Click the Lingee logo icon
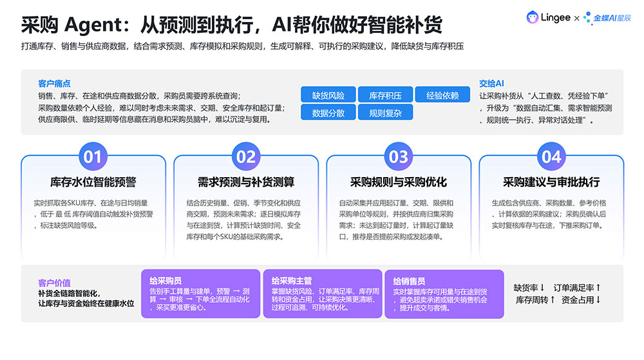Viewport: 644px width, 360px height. point(533,17)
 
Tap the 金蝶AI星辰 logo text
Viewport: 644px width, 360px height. point(612,18)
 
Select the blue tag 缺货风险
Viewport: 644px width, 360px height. point(328,95)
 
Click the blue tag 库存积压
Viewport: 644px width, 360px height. point(385,95)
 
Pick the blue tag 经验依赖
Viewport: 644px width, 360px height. point(442,95)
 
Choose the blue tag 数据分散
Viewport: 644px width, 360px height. point(328,113)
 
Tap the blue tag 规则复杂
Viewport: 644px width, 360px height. point(385,113)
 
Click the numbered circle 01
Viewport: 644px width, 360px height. point(93,156)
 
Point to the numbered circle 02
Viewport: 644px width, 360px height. point(245,156)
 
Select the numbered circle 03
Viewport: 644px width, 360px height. point(399,156)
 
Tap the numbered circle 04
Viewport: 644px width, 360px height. point(551,156)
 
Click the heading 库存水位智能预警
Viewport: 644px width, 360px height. point(93,182)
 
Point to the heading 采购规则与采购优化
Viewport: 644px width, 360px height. point(399,182)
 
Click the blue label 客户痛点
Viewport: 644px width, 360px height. point(54,84)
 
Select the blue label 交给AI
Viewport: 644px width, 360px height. point(491,83)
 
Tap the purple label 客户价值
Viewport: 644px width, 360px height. point(54,283)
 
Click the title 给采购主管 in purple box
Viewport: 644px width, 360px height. point(292,281)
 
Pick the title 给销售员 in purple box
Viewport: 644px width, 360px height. point(409,281)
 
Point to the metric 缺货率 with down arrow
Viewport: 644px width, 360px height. point(529,288)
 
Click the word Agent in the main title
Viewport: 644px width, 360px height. point(93,26)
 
